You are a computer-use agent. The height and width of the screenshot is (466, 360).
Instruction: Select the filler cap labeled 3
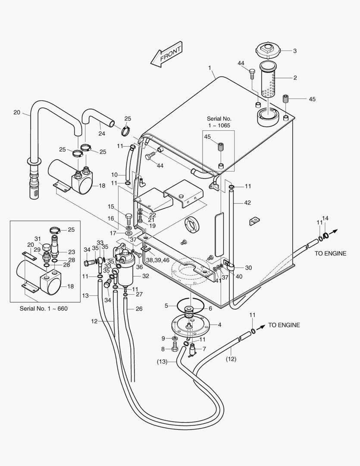pos(268,50)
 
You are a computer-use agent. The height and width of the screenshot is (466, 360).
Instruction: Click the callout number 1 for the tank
pos(210,68)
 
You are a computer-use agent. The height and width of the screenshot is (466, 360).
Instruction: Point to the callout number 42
pos(247,202)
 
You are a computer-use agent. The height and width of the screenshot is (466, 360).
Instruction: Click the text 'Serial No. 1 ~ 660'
pos(44,309)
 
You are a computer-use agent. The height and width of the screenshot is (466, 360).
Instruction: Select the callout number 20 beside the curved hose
pos(17,113)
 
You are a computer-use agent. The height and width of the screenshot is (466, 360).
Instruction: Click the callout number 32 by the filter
pos(146,276)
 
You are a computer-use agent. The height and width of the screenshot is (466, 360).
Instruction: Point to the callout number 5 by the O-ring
pos(166,305)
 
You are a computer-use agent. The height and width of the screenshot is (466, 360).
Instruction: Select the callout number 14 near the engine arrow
pos(325,218)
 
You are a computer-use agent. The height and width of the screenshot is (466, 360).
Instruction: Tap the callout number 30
pos(248,268)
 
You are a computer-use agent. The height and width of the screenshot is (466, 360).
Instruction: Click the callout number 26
pos(139,309)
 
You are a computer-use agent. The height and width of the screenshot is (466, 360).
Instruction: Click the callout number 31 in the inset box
pos(38,239)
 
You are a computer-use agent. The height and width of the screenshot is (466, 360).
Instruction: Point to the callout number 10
pos(114,175)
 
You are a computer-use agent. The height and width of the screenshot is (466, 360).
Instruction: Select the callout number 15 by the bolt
pos(111,206)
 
